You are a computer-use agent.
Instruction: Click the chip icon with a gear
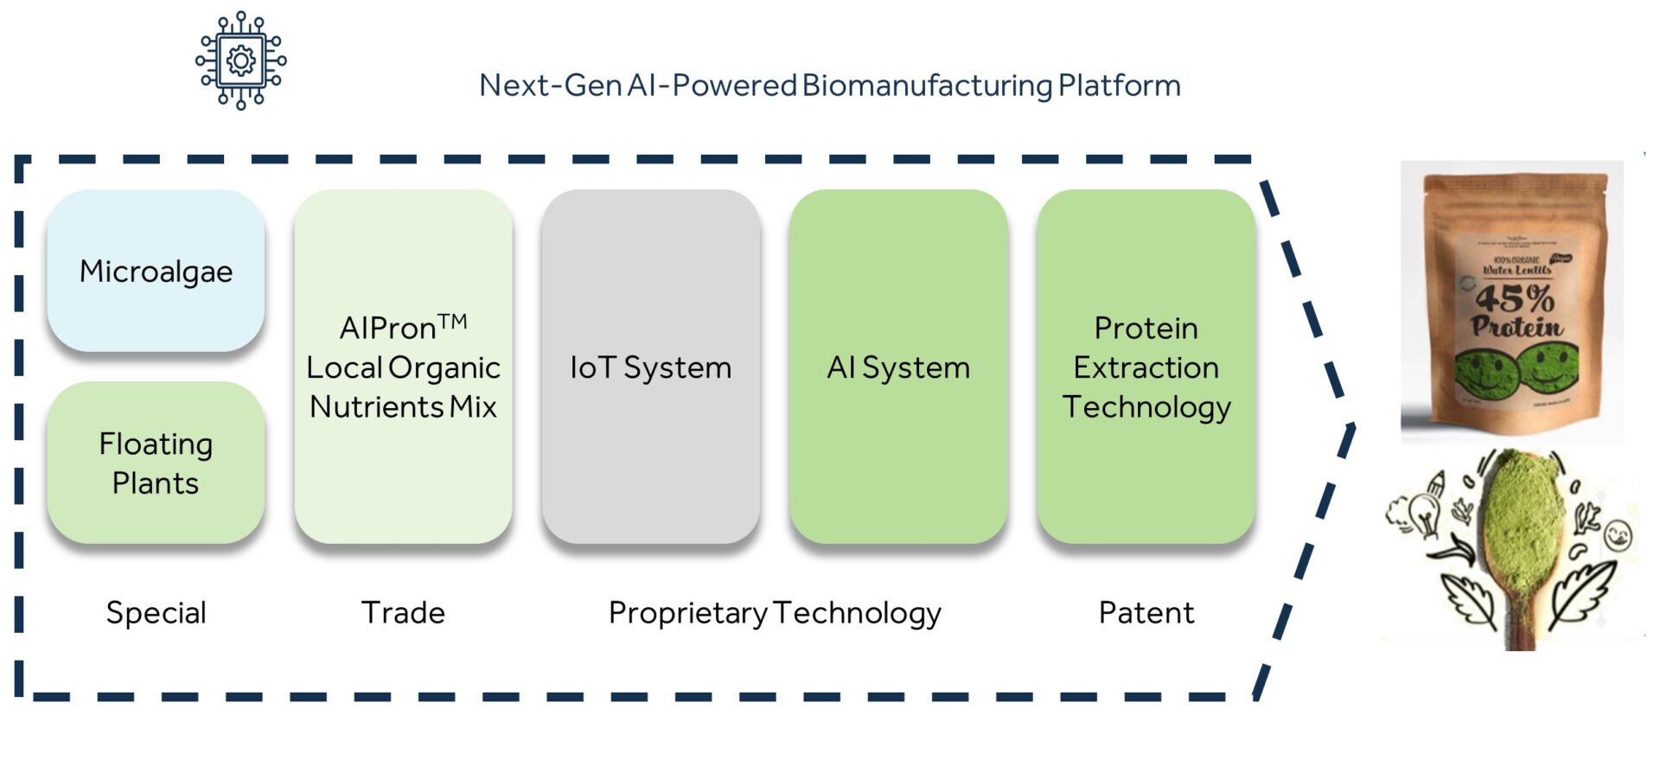240,61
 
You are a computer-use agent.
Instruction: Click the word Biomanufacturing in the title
927,86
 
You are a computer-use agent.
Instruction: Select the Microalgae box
156,272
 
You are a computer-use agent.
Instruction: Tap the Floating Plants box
156,463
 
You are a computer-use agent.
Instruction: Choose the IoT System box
650,367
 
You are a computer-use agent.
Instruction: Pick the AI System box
897,367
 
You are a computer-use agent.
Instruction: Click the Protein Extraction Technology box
1146,367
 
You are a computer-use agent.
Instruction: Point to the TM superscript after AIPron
452,323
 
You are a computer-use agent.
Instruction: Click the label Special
156,613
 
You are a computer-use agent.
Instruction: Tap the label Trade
403,613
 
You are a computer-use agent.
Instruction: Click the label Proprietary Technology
775,613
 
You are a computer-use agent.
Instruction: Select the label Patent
1146,613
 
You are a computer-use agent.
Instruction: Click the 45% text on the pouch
1515,299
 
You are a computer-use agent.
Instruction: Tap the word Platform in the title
1119,86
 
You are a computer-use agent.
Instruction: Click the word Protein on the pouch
1517,327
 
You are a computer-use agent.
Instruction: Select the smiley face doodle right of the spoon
1618,536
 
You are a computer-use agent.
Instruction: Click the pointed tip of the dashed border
1352,425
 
